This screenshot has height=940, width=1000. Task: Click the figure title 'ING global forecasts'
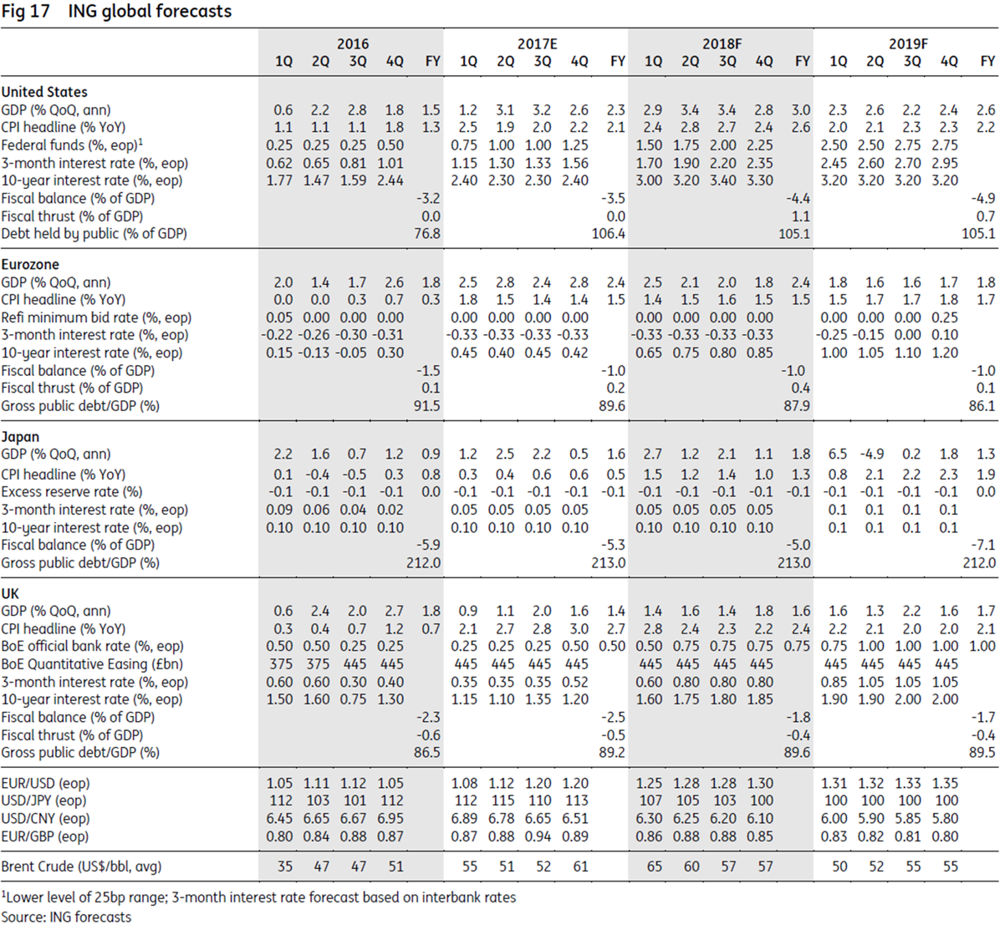[150, 12]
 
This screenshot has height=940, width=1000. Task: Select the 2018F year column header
[722, 44]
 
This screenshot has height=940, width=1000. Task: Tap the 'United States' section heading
[44, 92]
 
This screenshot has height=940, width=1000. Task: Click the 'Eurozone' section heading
[30, 265]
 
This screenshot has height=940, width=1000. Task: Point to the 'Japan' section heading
[20, 437]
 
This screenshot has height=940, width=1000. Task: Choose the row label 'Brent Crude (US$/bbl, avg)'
[82, 866]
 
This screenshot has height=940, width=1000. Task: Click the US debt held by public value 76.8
[427, 234]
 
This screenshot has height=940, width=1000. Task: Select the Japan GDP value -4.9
[872, 455]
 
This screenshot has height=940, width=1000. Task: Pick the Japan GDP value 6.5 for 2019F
[837, 455]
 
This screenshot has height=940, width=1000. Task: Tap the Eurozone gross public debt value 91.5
[427, 406]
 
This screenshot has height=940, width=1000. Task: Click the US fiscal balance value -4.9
[982, 198]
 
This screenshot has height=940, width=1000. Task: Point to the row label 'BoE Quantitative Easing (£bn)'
[92, 664]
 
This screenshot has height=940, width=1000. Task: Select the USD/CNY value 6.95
[390, 819]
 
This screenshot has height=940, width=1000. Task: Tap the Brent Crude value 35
[285, 866]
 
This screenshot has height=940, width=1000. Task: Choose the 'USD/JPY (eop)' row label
[44, 801]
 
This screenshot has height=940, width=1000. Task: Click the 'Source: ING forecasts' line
[66, 917]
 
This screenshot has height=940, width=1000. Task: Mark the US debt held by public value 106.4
[609, 234]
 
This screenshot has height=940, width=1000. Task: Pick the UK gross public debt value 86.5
[427, 753]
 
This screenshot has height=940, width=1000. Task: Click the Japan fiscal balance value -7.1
[982, 546]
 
